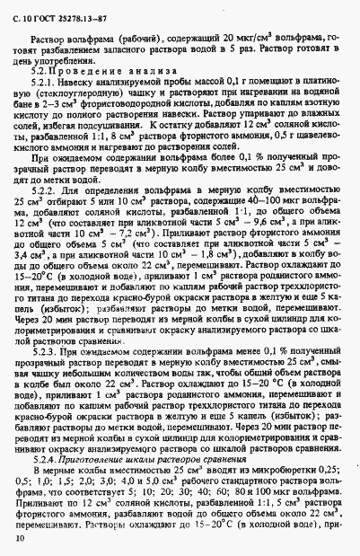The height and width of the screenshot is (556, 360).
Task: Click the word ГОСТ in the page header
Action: pos(46,11)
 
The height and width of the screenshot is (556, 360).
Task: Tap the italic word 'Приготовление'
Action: pos(89,459)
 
